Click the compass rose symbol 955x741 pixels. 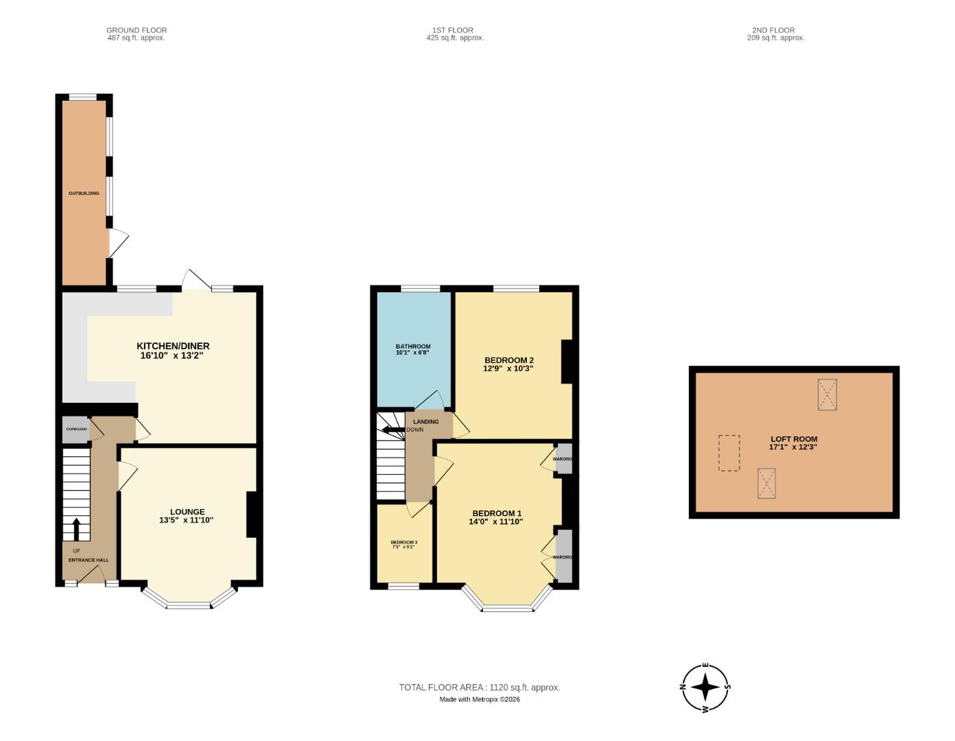pyautogui.click(x=705, y=687)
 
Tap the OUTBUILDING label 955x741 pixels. pyautogui.click(x=84, y=193)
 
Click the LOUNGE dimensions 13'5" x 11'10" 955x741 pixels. pyautogui.click(x=187, y=521)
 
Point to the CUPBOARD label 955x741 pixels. pyautogui.click(x=76, y=429)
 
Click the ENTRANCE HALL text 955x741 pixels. pyautogui.click(x=89, y=560)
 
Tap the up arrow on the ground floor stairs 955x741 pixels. pyautogui.click(x=76, y=529)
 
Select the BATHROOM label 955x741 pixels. pyautogui.click(x=413, y=346)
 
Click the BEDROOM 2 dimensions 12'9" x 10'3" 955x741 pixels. pyautogui.click(x=508, y=368)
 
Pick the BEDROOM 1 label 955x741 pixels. pyautogui.click(x=497, y=513)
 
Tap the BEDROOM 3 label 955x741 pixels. pyautogui.click(x=404, y=542)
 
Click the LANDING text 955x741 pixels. pyautogui.click(x=425, y=422)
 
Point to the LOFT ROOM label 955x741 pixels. pyautogui.click(x=794, y=439)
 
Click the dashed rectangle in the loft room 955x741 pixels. pyautogui.click(x=729, y=453)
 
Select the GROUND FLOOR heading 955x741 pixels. pyautogui.click(x=137, y=30)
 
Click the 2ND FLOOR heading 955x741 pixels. pyautogui.click(x=775, y=30)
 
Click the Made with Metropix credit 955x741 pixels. pyautogui.click(x=480, y=700)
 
